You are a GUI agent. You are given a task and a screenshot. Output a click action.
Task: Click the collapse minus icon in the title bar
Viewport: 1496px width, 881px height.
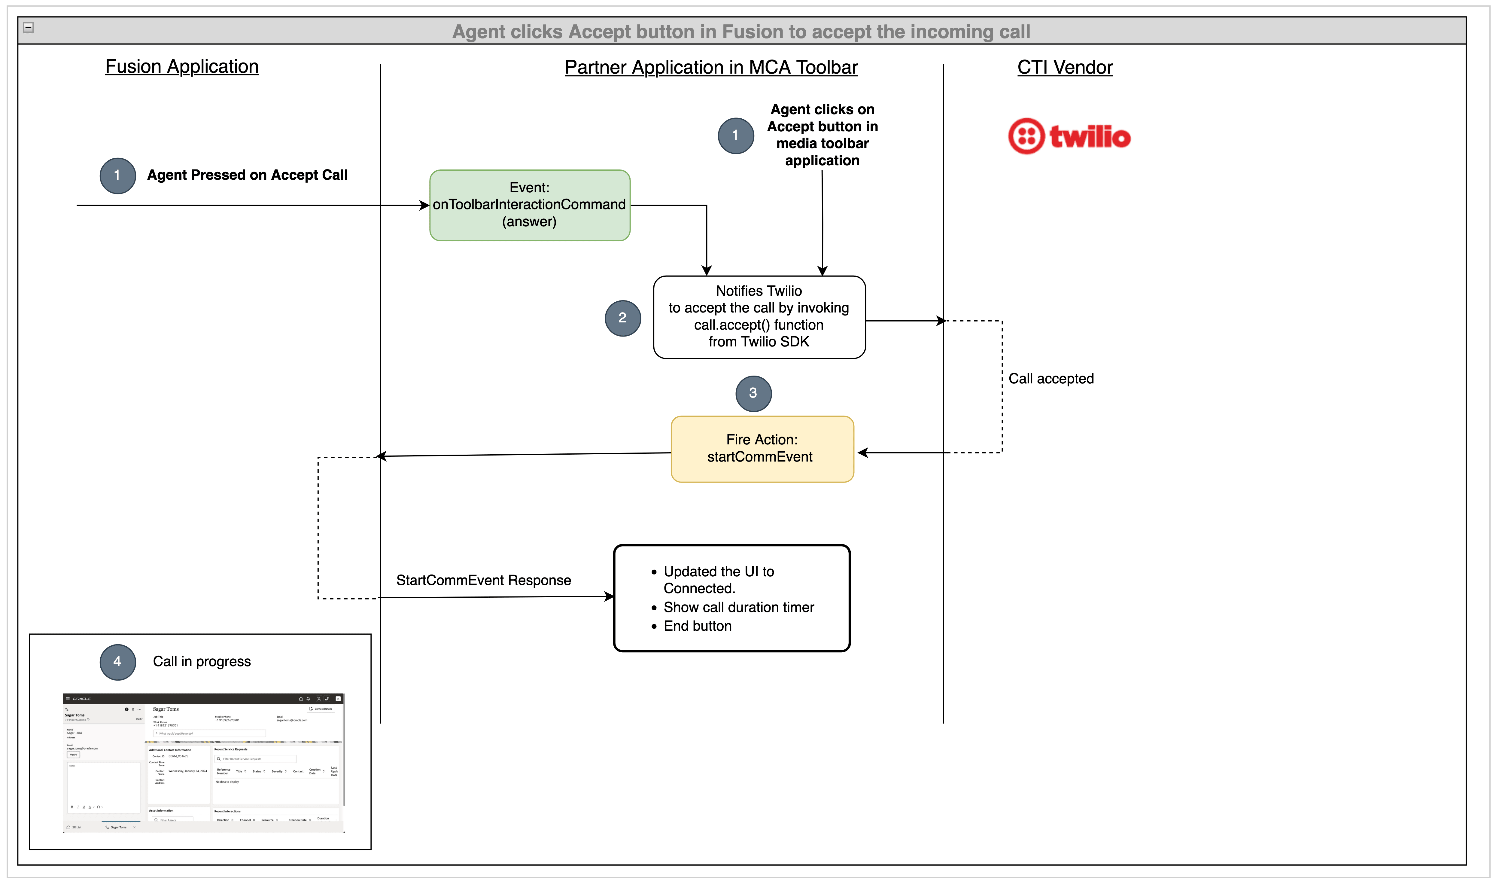(x=29, y=27)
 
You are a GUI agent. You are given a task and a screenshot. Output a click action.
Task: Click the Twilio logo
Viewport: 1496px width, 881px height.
(x=1069, y=136)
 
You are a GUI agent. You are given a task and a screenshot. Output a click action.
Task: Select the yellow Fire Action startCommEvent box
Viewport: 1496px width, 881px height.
(x=762, y=449)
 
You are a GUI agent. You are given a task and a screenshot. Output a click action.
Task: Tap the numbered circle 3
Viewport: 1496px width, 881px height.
(x=753, y=393)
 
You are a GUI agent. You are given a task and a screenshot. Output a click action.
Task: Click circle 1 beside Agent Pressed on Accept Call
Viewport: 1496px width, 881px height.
(x=117, y=175)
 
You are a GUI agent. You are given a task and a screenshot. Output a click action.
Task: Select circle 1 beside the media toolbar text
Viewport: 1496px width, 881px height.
(x=735, y=135)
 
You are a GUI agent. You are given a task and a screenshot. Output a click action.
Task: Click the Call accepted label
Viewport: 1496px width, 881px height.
(x=1051, y=379)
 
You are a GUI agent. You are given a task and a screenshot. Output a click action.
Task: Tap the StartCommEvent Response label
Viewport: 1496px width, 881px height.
(x=483, y=580)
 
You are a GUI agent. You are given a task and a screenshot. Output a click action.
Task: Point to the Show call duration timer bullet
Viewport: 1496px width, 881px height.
(x=738, y=607)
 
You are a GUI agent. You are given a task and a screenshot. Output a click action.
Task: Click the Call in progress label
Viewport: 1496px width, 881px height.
(x=202, y=661)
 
